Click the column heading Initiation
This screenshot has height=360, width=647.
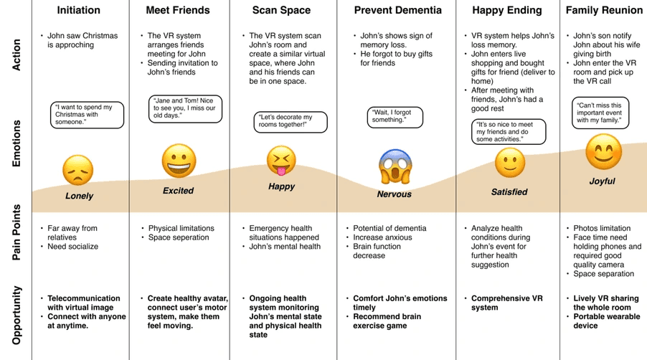[x=79, y=11]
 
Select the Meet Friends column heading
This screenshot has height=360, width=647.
[x=178, y=11]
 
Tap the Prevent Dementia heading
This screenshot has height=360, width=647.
[x=397, y=11]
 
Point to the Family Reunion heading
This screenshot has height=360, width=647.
[x=604, y=11]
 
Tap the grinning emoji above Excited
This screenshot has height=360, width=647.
[x=179, y=161]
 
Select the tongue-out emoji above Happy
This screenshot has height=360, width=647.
[x=281, y=161]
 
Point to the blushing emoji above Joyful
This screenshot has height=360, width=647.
[x=603, y=152]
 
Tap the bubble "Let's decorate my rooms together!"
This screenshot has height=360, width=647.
[x=291, y=122]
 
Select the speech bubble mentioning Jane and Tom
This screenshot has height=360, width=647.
[x=186, y=108]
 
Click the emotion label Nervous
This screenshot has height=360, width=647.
[x=395, y=194]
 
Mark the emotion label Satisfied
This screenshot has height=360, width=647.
[x=509, y=192]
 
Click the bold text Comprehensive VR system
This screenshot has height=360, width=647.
[x=506, y=303]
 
